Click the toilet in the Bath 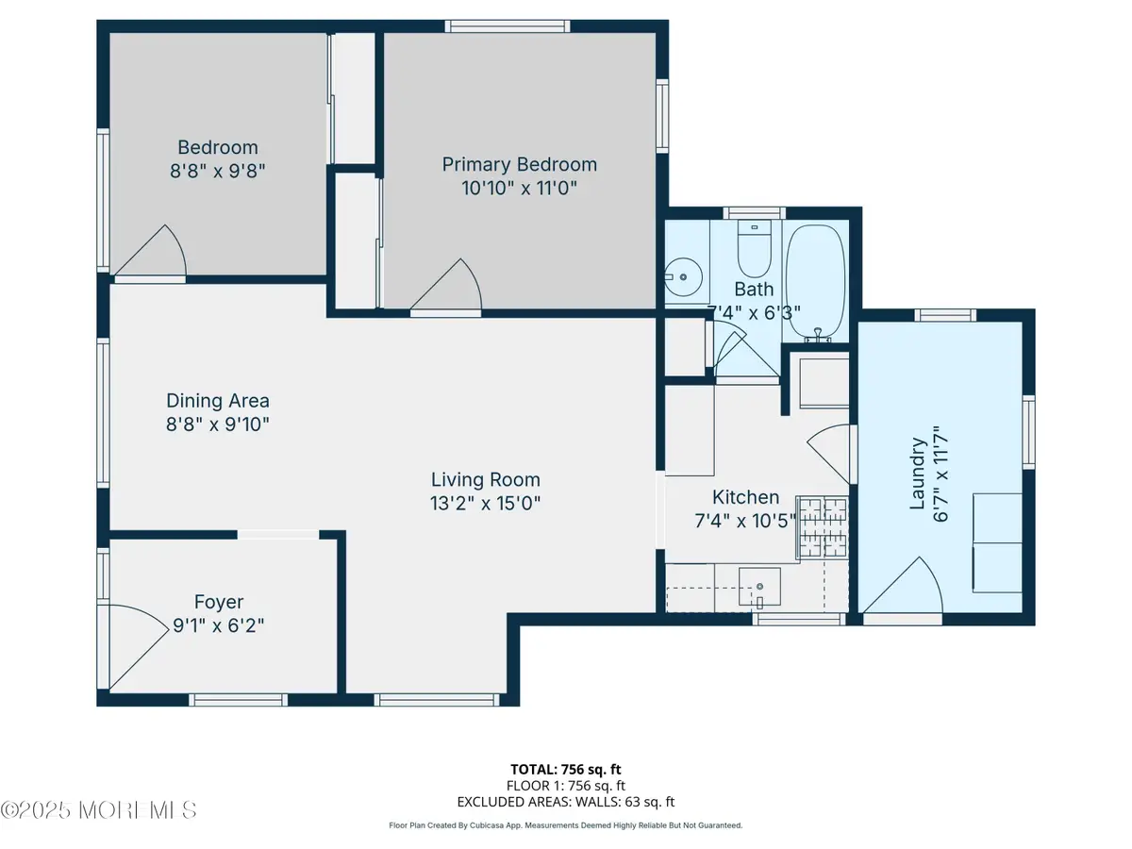click(754, 248)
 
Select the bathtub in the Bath click(815, 282)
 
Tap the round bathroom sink click(683, 276)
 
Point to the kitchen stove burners click(823, 527)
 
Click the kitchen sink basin click(759, 587)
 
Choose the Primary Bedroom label click(520, 164)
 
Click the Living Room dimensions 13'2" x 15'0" click(485, 503)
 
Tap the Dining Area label click(218, 401)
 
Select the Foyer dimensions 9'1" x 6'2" click(219, 625)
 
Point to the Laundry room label click(917, 474)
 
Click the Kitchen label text click(746, 497)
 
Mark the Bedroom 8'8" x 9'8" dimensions click(218, 171)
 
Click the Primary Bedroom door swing click(447, 285)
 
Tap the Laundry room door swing click(904, 584)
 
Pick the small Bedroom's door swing click(151, 251)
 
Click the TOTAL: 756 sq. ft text click(566, 770)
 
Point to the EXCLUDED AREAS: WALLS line click(566, 802)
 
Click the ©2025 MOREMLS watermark click(98, 809)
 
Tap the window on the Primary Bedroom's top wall click(508, 26)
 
